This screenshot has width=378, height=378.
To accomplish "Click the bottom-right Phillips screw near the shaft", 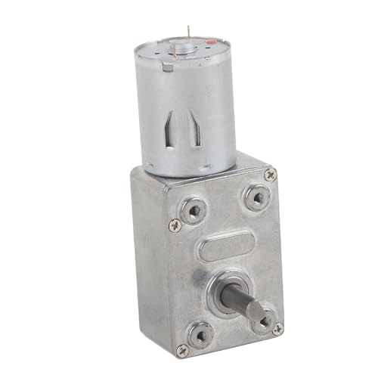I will pos(278,328).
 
